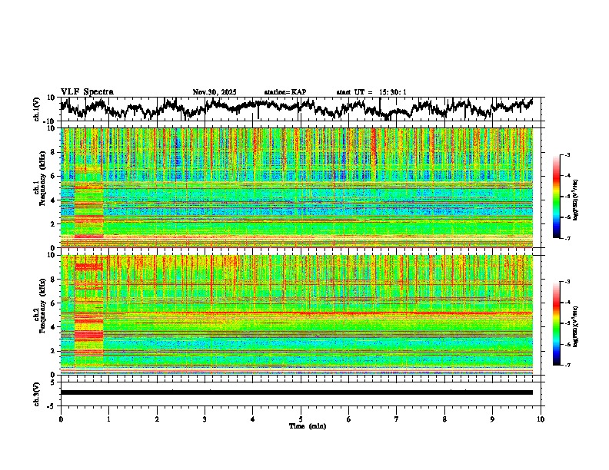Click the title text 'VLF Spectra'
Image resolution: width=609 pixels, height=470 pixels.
[x=87, y=91]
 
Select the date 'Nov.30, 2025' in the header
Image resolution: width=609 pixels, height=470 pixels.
[x=215, y=92]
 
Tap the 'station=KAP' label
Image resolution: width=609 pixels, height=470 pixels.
[x=285, y=92]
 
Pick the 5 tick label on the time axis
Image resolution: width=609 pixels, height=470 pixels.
[x=301, y=419]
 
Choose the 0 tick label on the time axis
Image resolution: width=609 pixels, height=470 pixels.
[x=61, y=419]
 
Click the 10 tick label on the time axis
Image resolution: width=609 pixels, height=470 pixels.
[x=541, y=419]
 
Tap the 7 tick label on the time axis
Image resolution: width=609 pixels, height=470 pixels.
[x=397, y=419]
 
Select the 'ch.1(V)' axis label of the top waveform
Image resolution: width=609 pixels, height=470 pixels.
[x=36, y=109]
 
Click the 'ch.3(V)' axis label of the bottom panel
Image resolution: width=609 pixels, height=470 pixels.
[x=36, y=392]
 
